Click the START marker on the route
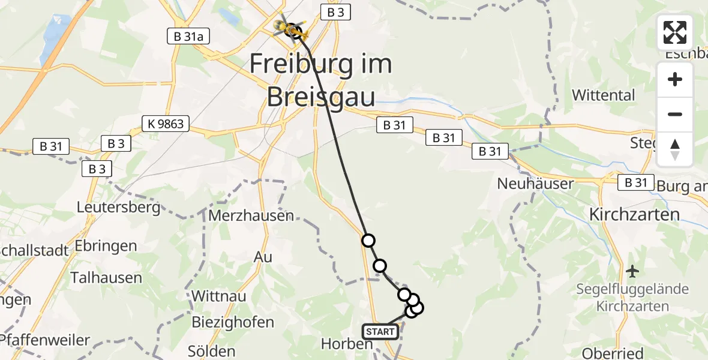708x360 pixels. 380,331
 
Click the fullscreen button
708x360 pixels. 675,32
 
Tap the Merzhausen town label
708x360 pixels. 251,216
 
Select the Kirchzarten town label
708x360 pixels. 634,214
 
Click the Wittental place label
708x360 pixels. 603,95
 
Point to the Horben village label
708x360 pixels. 347,344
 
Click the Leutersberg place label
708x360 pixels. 119,208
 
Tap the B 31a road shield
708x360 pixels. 188,37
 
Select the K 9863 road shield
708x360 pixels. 166,124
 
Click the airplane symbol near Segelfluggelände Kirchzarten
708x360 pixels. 632,271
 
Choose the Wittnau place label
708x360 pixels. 217,296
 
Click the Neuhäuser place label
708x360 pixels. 536,184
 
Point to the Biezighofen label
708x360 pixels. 233,322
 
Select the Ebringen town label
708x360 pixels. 106,246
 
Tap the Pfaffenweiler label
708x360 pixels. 45,340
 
